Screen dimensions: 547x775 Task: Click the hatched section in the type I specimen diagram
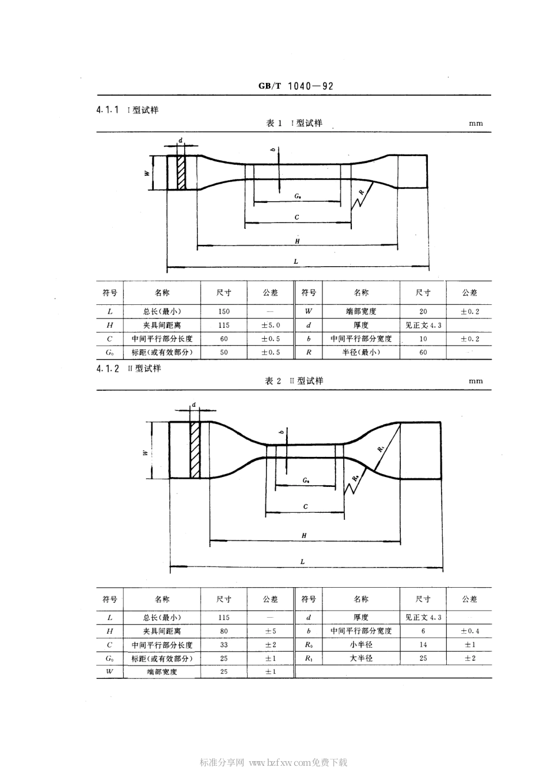pos(181,172)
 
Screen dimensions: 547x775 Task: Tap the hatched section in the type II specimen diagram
pos(195,449)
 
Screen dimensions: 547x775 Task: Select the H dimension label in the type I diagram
pos(297,241)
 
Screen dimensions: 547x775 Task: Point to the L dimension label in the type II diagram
pos(303,561)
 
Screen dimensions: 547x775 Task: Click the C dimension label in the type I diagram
pos(297,217)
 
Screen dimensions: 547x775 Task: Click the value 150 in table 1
pos(223,311)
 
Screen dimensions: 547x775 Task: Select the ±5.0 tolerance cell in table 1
pos(270,325)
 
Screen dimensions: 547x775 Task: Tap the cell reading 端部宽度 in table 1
pos(361,311)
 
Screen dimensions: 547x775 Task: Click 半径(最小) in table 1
pos(361,352)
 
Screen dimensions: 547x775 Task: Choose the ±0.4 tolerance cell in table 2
pos(469,631)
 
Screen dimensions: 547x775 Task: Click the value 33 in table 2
pos(223,645)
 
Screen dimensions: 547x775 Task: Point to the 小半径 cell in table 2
pos(361,645)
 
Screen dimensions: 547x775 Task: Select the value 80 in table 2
pos(223,631)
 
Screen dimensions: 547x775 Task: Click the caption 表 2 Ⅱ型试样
pos(294,381)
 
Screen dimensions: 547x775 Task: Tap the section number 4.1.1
pos(108,109)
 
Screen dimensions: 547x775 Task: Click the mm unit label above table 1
pos(476,123)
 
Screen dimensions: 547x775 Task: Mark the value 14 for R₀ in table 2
pos(423,645)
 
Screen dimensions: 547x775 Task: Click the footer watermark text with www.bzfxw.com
pos(273,762)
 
